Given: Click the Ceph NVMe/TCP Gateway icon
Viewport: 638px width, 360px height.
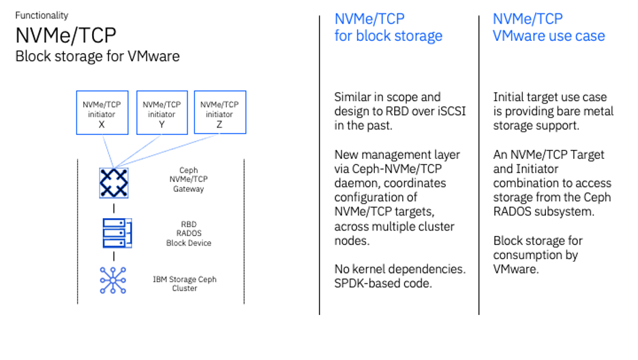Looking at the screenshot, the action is click(x=114, y=183).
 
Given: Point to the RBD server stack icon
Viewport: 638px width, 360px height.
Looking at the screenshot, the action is click(x=117, y=233).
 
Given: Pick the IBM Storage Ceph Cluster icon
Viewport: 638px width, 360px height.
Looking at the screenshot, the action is click(x=113, y=280).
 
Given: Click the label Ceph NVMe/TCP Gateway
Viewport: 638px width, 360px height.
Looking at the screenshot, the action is click(x=188, y=179).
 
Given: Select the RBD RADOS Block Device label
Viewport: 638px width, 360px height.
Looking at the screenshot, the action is click(x=189, y=233).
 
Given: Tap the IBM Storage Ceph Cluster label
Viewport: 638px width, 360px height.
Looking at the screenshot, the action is click(x=185, y=284).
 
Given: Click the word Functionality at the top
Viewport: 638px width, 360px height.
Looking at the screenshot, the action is click(x=42, y=16).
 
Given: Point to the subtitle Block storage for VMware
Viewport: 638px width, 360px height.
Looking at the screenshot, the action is click(x=97, y=56).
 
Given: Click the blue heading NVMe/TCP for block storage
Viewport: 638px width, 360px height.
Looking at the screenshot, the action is click(x=388, y=27).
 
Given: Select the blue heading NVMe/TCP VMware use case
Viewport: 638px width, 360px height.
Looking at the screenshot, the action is click(x=549, y=27).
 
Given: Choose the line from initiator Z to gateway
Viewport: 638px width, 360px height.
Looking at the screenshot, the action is click(x=167, y=151).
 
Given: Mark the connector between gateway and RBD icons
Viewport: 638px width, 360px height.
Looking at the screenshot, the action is click(x=114, y=208).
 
